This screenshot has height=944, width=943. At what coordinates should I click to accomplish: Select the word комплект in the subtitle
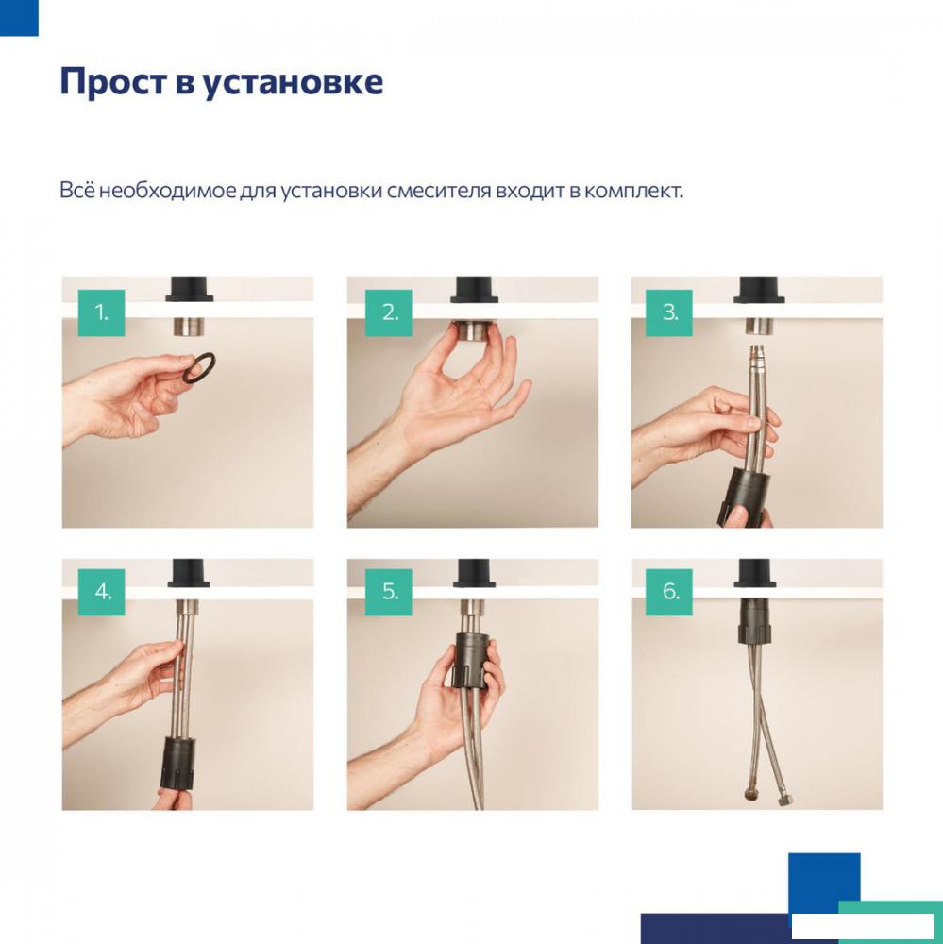[633, 192]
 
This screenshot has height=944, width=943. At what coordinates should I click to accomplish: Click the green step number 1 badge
[101, 312]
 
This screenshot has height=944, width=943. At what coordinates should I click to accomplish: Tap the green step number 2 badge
[389, 312]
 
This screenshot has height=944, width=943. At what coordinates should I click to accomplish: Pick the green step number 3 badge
[668, 312]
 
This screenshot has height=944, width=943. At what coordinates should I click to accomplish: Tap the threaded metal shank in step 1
[189, 327]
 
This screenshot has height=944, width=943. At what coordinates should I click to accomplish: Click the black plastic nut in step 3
[743, 497]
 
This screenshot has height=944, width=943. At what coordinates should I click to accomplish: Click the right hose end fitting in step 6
[784, 800]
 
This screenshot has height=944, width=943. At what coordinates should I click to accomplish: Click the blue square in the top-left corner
[19, 17]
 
